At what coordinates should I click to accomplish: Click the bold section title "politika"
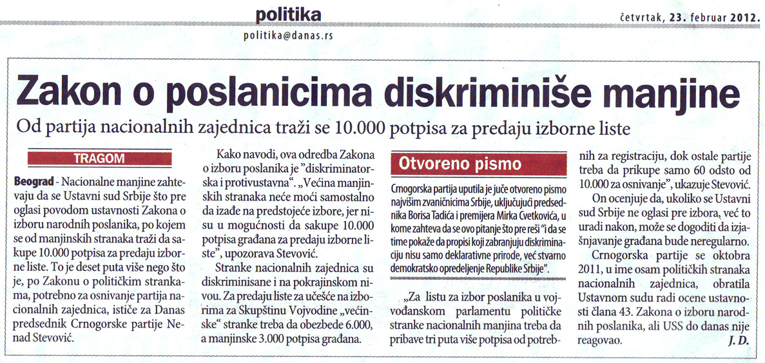[288, 14]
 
